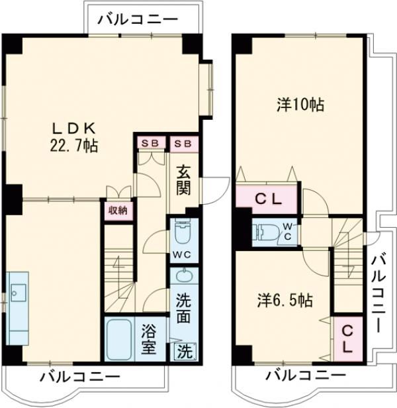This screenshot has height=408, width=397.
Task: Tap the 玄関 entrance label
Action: click(x=183, y=179)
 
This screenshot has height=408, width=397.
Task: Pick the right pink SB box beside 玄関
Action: click(x=183, y=143)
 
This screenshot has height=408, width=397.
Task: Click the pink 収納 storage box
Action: click(x=118, y=210)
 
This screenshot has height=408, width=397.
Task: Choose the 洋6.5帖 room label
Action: click(x=285, y=300)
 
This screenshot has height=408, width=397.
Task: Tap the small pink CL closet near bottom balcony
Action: click(x=347, y=338)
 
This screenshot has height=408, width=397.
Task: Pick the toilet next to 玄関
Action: click(x=182, y=234)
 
